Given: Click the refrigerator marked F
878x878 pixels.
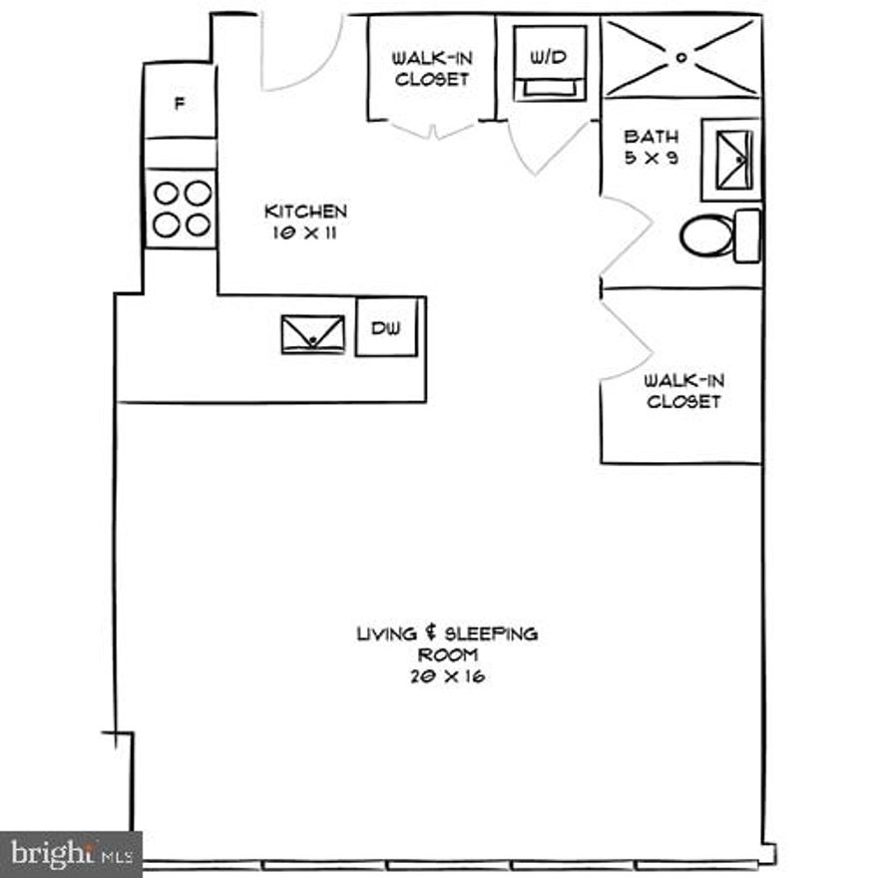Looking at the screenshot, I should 180,101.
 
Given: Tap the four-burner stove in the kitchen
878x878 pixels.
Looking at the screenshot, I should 181,209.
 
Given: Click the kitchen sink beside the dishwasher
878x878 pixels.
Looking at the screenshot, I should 312,334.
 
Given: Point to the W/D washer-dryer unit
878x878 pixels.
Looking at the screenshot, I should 548,62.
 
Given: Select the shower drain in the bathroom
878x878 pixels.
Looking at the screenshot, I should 682,57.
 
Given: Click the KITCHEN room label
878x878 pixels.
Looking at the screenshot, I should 305,212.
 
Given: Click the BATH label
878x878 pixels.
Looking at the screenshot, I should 652,137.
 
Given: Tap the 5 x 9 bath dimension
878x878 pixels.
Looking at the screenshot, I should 652,158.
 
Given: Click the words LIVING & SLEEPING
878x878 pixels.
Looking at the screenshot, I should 447,634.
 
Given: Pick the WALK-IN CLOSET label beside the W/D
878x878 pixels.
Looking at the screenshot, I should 431,69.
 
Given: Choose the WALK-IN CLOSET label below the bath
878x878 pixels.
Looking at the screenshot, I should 683,390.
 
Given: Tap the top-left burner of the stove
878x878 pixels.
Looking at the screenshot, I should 167,193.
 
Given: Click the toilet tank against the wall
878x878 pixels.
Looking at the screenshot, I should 747,236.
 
